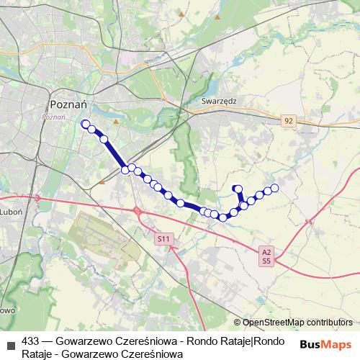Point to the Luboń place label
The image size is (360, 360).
pyautogui.click(x=12, y=213)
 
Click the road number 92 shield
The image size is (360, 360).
pyautogui.click(x=289, y=121)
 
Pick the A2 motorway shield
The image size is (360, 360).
pyautogui.click(x=266, y=251)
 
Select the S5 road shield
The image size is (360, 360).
pyautogui.click(x=266, y=261)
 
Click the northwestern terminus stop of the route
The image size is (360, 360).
pyautogui.click(x=86, y=124)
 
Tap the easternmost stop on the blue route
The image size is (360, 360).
pyautogui.click(x=274, y=189)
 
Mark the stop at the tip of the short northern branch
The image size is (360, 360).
pyautogui.click(x=237, y=189)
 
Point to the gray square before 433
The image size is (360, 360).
pyautogui.click(x=9, y=341)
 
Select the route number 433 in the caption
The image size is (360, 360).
pyautogui.click(x=31, y=341)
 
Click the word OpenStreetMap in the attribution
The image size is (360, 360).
pyautogui.click(x=274, y=323)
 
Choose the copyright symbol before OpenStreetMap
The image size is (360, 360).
pyautogui.click(x=238, y=323)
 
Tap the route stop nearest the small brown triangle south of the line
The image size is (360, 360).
pyautogui.click(x=125, y=170)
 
